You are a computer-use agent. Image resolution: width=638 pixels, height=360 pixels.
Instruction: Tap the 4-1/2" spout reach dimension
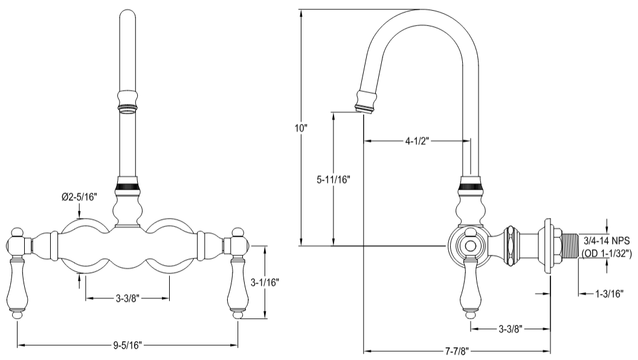[x=417, y=142]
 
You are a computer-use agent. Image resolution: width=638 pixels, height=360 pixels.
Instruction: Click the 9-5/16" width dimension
[x=127, y=346]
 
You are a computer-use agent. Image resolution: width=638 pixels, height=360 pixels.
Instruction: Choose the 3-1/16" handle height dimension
[x=265, y=281]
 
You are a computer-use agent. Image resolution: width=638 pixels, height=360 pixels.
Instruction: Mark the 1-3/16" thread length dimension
[x=608, y=294]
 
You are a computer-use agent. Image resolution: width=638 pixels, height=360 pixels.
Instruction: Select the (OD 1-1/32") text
[x=605, y=254]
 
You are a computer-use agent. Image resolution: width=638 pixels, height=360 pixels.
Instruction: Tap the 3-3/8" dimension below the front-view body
[x=127, y=298]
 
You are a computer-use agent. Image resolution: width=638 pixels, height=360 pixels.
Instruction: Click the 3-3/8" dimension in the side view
[x=511, y=329]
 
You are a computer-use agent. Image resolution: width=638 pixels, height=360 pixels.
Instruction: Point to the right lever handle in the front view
[x=237, y=288]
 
